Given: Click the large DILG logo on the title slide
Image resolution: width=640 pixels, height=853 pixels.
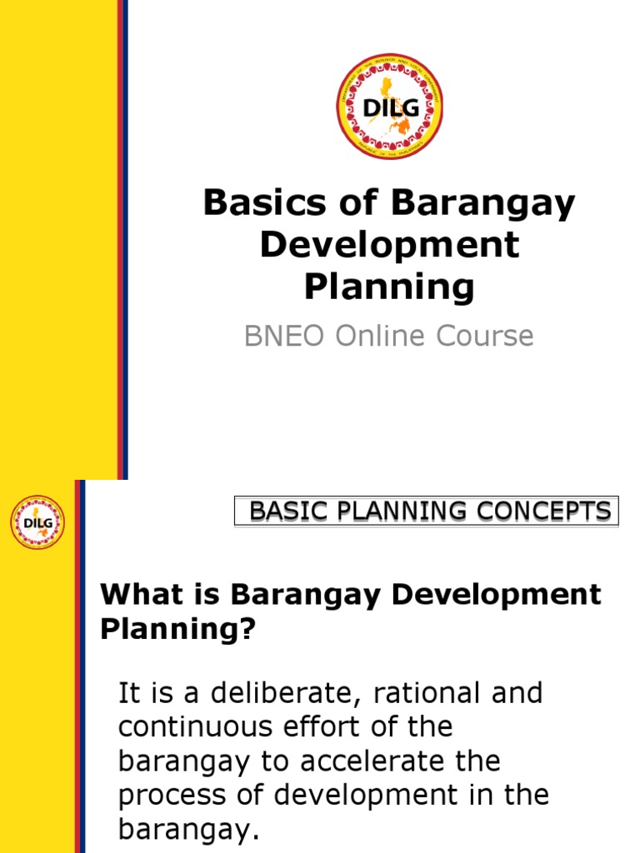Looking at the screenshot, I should point(389,107).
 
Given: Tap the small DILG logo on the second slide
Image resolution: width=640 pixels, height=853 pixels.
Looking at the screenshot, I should point(37,522).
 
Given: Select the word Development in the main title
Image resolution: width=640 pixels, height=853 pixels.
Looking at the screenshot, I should point(389,245).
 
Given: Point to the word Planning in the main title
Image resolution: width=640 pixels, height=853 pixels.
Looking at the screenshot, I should point(389,287).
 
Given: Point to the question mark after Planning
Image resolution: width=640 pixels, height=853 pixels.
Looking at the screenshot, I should point(245,631).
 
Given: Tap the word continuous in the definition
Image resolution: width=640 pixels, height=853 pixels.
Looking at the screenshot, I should point(190,727).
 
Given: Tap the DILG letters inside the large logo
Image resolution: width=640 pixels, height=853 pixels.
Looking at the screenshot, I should point(379,107).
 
